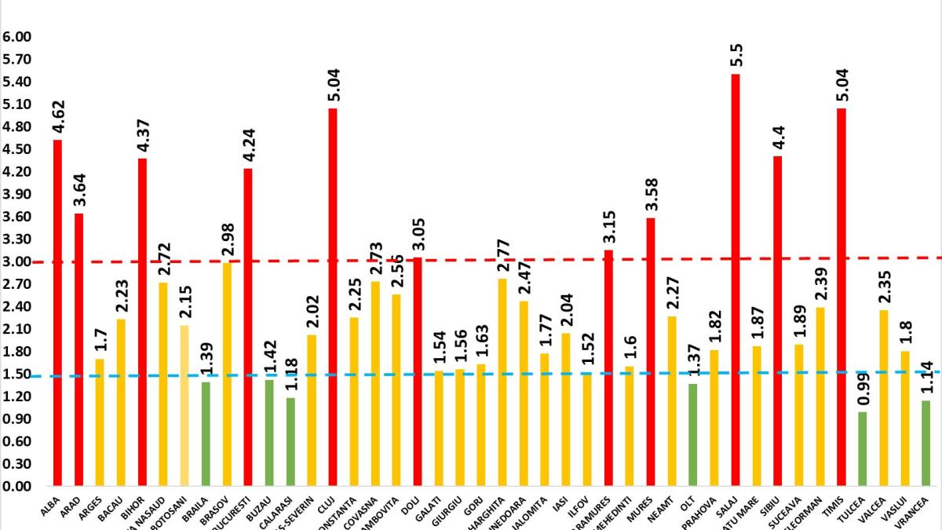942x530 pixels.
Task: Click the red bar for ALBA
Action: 57,314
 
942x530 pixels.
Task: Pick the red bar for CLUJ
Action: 333,298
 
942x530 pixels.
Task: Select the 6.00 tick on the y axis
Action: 16,37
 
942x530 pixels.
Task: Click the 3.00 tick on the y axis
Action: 16,261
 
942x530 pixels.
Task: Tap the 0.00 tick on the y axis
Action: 16,487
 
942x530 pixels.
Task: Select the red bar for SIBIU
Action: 778,321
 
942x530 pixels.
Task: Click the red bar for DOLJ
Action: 418,372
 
